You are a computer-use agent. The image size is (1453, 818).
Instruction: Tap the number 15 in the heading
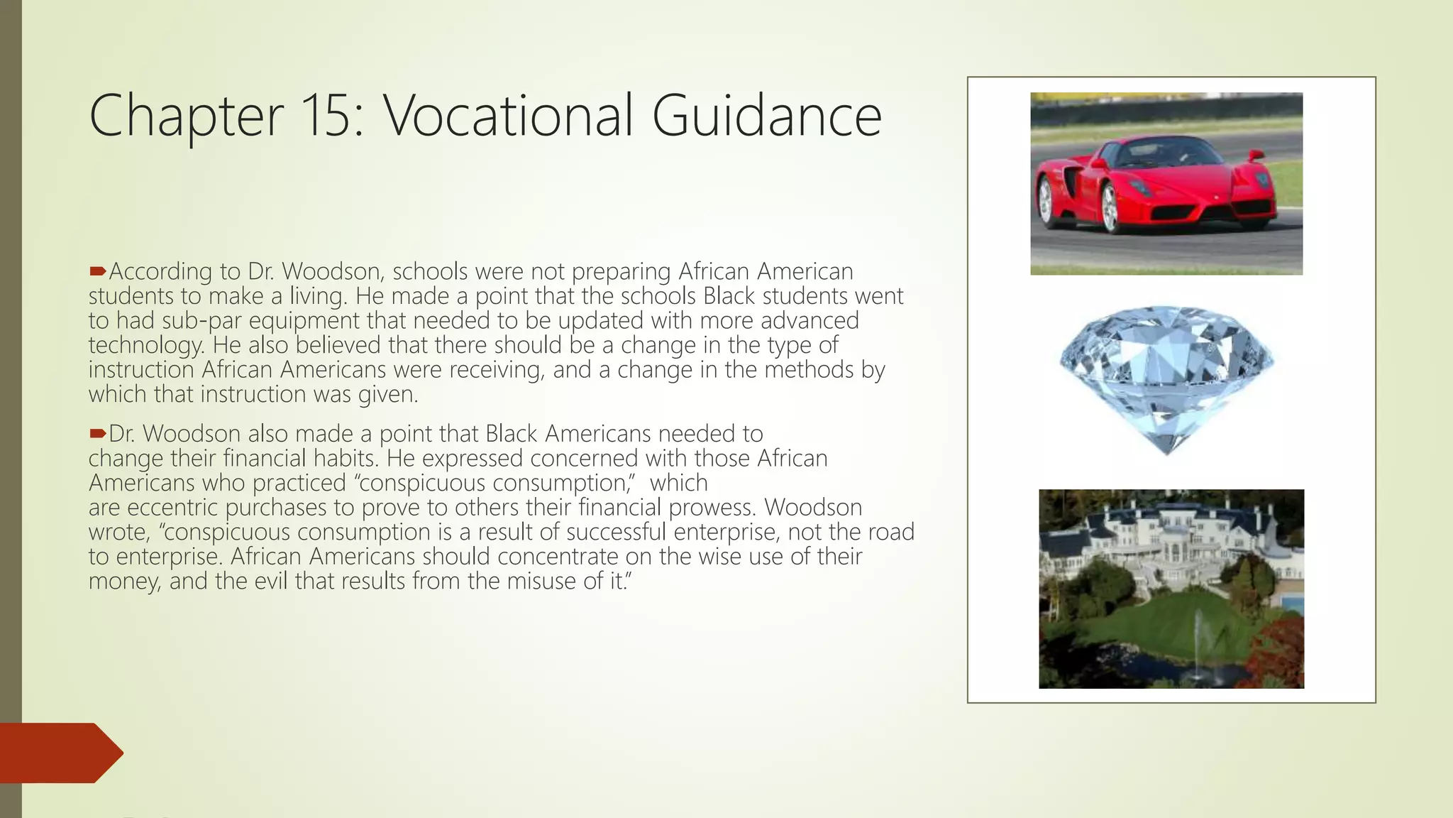[331, 116]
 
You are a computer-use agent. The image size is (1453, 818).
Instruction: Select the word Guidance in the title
[766, 116]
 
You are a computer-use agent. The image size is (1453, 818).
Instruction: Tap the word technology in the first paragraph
[145, 346]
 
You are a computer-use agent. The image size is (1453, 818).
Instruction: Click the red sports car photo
[1166, 183]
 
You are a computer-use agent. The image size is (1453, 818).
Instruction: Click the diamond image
[1166, 376]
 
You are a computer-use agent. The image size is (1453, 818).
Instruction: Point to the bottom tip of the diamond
[1167, 452]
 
